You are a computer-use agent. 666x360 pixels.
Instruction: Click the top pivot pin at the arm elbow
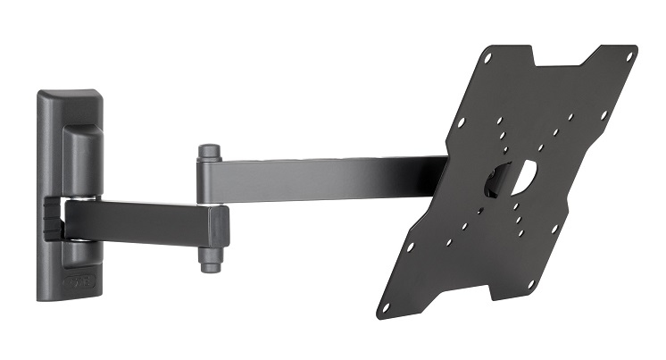(x=210, y=153)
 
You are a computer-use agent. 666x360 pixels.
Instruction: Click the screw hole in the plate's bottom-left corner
(x=386, y=306)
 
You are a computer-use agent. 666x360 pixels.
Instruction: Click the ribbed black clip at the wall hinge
(x=53, y=220)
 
